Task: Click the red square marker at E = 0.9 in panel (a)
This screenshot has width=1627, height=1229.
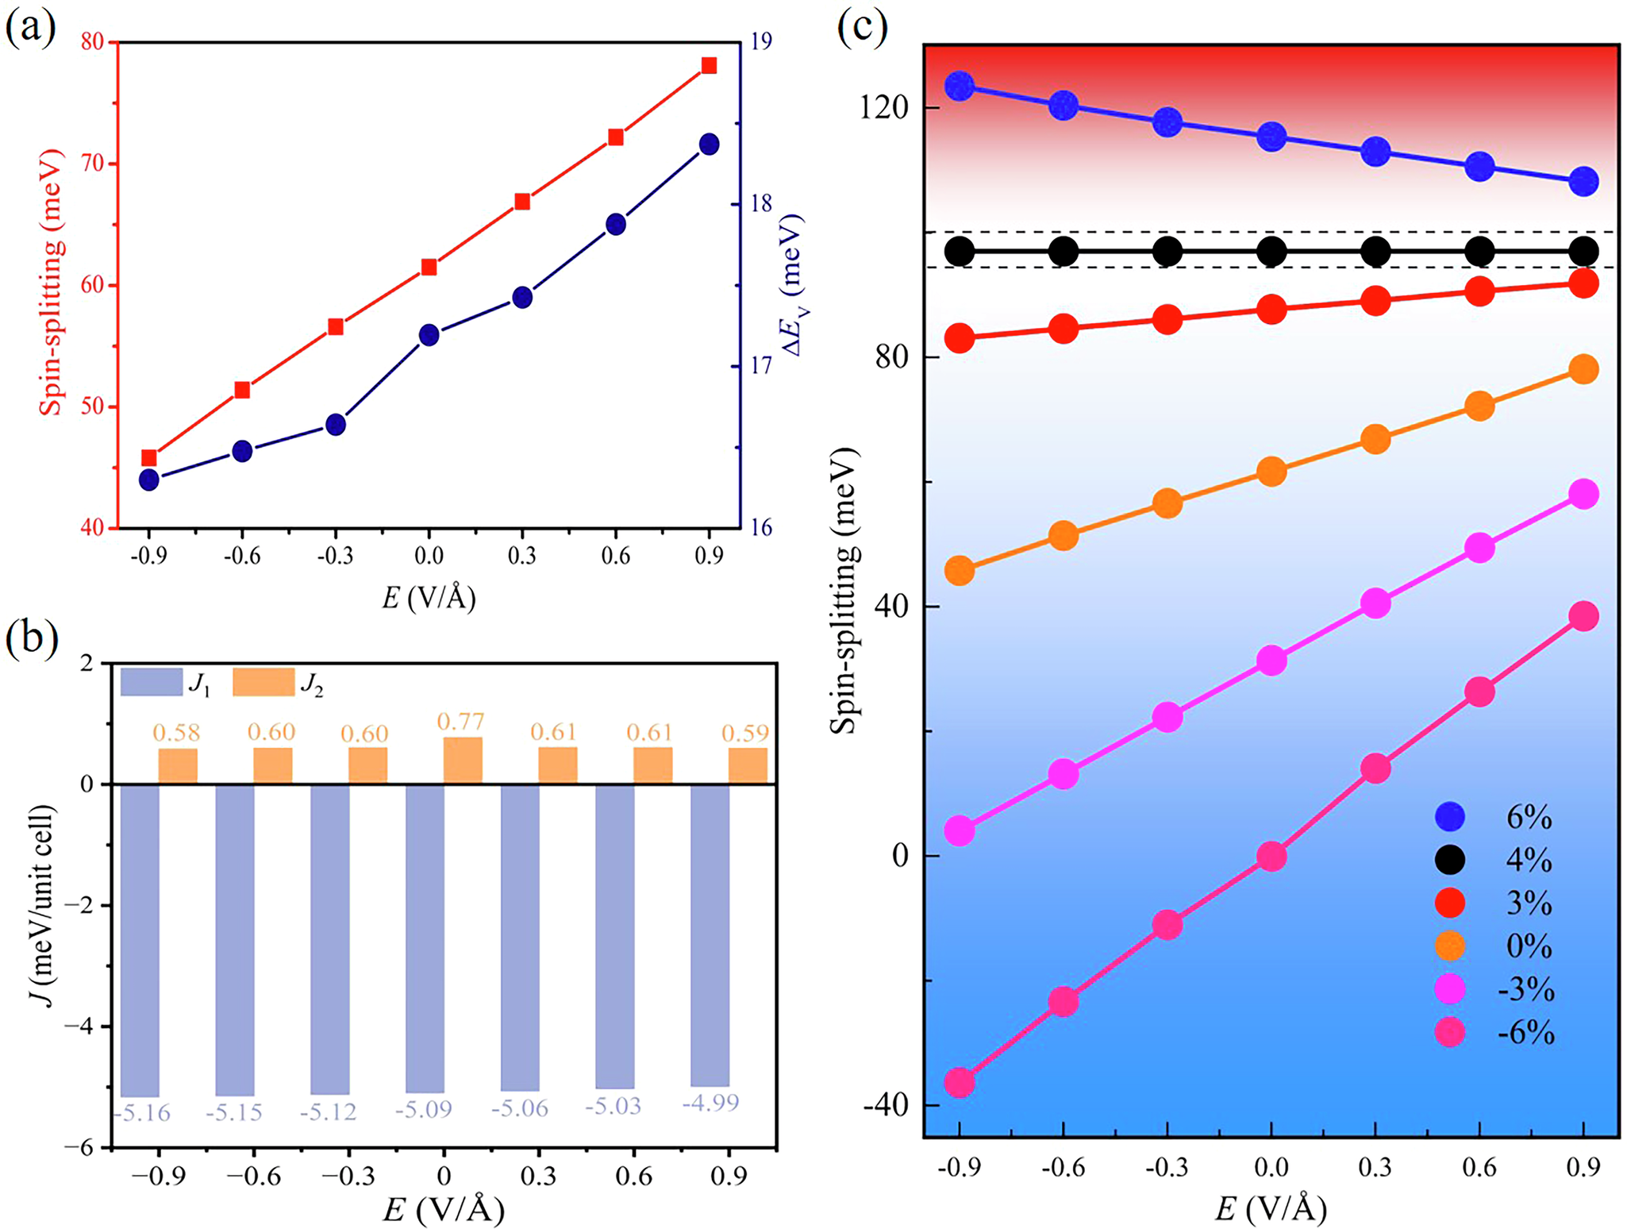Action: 709,65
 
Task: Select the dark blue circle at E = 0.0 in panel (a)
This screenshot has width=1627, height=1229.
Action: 429,335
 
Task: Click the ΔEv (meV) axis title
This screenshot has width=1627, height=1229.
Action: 790,284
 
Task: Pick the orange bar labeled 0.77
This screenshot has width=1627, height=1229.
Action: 463,761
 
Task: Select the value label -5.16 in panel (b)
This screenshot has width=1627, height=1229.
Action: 141,1113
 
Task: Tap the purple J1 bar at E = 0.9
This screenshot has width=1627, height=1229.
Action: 710,935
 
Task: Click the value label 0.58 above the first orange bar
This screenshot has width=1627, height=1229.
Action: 176,732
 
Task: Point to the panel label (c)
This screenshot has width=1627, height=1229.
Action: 862,28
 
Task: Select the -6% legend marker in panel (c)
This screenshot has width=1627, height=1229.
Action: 1450,1032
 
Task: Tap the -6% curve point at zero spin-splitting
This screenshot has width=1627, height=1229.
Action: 1271,856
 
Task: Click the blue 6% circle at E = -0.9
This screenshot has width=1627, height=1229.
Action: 960,86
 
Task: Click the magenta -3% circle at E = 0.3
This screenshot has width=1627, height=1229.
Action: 1375,603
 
